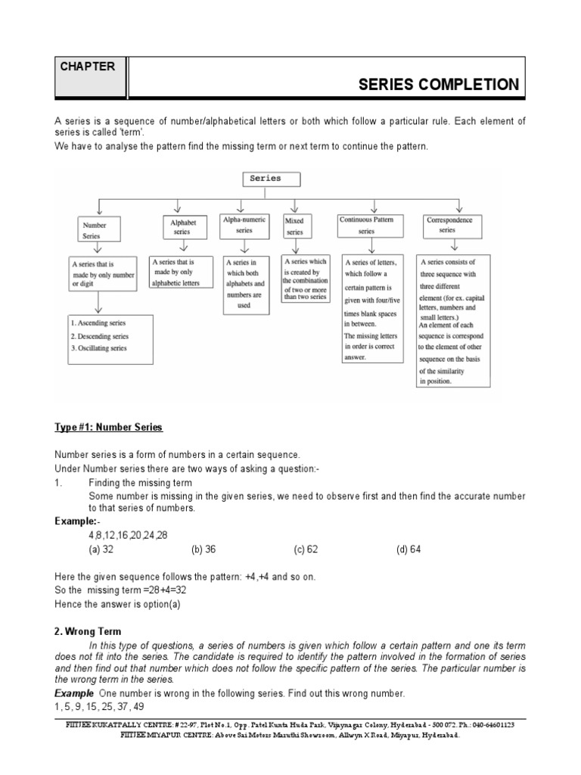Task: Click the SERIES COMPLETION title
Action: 439,84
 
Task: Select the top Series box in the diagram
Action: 270,179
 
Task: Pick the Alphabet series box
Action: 182,227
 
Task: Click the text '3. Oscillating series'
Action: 98,348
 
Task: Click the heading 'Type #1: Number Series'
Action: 108,428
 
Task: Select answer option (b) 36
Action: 204,550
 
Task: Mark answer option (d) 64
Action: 409,550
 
